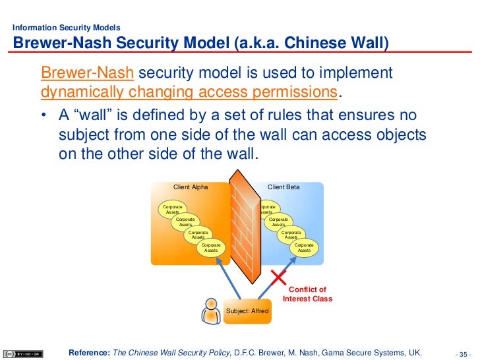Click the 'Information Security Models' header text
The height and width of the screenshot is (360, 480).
point(67,28)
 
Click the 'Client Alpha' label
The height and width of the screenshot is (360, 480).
point(191,187)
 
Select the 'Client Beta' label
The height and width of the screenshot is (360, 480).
point(284,187)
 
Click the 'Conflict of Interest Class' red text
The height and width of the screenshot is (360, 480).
point(307,294)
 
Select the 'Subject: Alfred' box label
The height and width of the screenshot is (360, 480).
point(247,311)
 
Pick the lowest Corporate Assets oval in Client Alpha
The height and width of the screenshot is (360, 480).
point(211,248)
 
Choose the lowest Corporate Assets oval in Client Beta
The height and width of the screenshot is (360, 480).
point(304,248)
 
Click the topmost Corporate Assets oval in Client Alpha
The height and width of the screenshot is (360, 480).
point(173,210)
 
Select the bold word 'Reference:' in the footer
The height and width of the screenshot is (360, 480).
point(90,352)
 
